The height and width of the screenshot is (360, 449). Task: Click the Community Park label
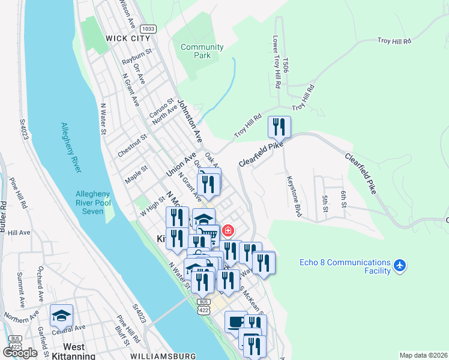(202, 51)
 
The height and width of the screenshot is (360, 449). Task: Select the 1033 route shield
(148, 28)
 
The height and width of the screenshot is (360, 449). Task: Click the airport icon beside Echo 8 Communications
(401, 265)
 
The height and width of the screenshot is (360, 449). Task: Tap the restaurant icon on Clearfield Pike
(279, 127)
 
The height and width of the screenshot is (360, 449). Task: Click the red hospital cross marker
(228, 231)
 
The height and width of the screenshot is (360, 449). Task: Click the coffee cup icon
(236, 322)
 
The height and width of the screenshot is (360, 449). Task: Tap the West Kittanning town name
(74, 352)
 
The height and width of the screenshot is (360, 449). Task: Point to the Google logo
(20, 353)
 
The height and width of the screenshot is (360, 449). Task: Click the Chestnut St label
(133, 146)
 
